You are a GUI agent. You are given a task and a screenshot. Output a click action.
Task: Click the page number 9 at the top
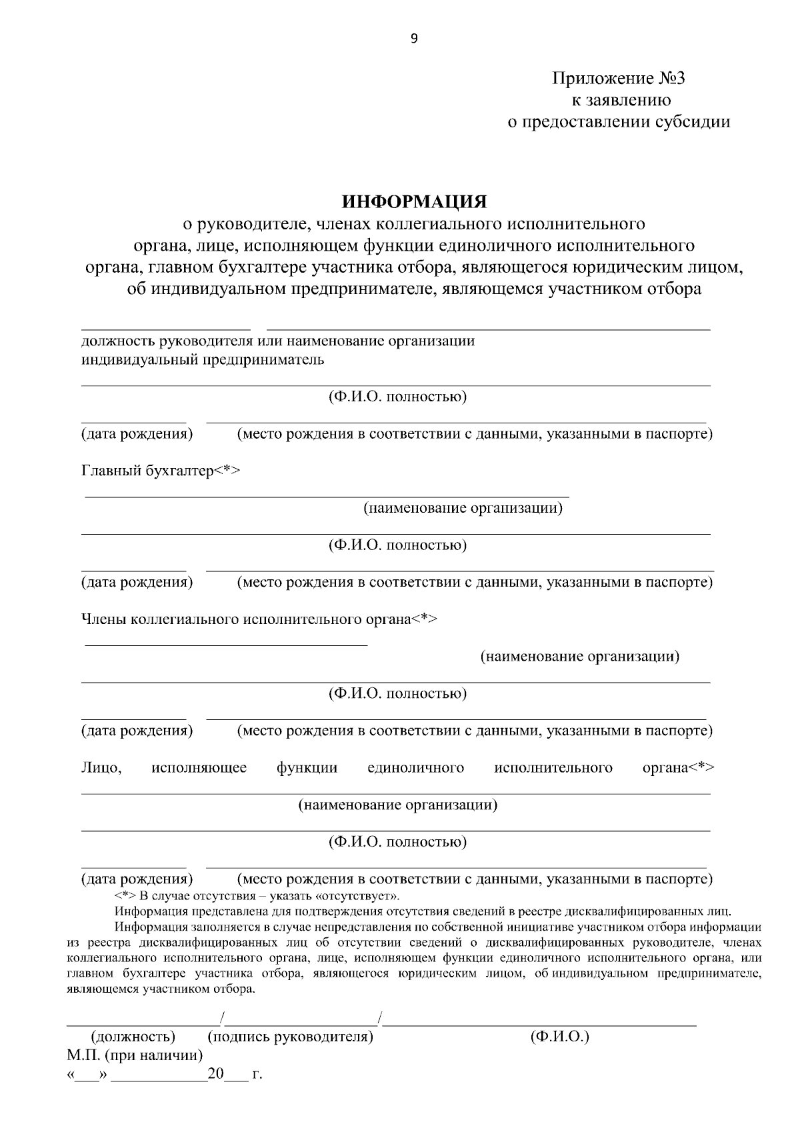point(414,39)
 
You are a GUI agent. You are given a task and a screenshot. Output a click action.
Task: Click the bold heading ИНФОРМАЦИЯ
point(414,201)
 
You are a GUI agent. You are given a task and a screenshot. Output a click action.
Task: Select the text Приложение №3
point(618,79)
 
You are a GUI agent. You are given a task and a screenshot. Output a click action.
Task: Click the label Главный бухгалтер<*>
point(161,471)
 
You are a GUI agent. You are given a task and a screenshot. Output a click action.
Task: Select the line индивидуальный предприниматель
point(203,360)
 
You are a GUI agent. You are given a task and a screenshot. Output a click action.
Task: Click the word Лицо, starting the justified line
point(101,767)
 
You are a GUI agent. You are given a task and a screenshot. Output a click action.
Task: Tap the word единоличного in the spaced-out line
point(415,767)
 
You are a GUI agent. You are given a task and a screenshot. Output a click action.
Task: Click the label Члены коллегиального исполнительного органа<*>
point(259,619)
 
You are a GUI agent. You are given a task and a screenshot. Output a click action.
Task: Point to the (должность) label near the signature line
point(133,1037)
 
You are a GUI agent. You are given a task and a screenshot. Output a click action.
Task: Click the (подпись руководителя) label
point(291,1037)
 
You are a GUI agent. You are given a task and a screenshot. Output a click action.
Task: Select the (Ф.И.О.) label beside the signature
point(560,1037)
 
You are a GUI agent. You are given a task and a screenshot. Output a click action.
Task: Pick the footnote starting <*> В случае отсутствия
point(257,895)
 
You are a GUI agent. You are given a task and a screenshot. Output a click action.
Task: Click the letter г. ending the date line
point(257,1075)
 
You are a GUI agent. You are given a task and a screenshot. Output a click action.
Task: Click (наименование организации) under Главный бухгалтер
point(463,508)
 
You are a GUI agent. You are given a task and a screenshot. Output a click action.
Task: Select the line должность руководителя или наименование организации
point(278,341)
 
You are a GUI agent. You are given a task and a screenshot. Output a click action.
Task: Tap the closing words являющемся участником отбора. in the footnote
point(161,989)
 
